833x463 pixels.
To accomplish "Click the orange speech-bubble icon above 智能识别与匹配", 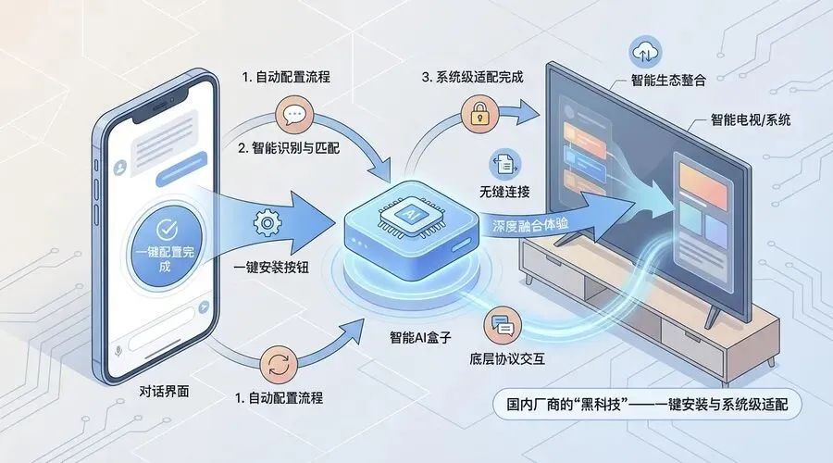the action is pos(295,117).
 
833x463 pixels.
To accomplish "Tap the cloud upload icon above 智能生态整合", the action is pos(641,51).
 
